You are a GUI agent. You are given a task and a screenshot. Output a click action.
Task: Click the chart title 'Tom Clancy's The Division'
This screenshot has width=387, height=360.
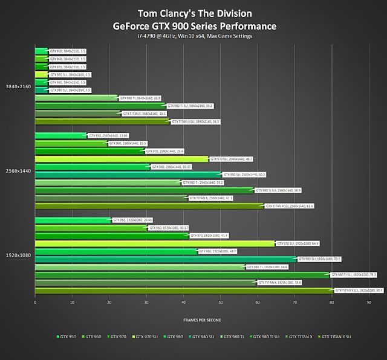(194, 13)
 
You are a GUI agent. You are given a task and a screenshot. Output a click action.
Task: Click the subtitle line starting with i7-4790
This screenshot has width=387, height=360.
(194, 36)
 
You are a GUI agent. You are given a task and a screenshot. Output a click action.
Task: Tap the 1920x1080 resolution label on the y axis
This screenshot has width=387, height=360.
(18, 255)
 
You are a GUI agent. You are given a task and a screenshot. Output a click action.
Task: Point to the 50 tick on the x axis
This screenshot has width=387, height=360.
(221, 302)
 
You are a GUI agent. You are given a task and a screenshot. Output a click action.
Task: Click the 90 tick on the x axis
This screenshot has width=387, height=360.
(369, 302)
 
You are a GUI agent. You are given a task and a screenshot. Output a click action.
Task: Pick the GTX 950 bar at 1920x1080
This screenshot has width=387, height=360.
(73, 220)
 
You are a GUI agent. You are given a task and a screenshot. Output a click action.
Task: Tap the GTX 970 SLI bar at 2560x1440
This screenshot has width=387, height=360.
(121, 159)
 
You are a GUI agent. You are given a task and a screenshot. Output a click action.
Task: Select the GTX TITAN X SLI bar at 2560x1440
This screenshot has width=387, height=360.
(149, 205)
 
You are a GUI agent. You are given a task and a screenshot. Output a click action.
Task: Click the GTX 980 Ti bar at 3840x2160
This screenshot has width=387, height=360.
(76, 97)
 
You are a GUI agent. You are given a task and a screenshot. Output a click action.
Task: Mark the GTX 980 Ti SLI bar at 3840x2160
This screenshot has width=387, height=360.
(100, 105)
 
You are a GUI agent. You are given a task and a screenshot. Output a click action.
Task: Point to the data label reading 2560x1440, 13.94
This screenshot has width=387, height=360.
(100, 136)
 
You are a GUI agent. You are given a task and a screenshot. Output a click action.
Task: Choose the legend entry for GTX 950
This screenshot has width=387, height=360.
(67, 336)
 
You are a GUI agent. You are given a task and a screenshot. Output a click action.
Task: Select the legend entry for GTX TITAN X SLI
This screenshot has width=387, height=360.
(335, 336)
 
